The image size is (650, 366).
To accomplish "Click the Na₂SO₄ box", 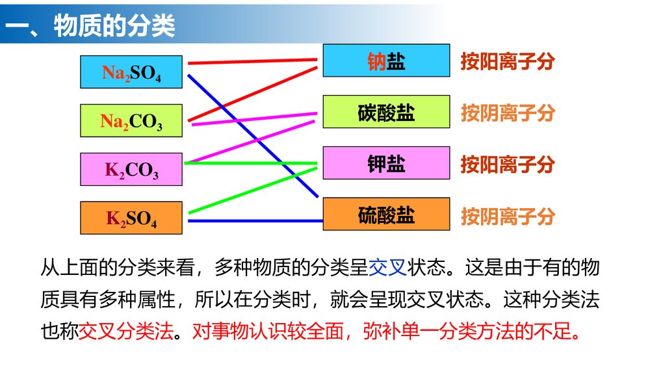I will point(131,72).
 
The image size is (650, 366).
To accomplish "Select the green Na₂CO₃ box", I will point(131,120).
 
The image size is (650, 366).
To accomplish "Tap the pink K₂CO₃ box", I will point(131,169).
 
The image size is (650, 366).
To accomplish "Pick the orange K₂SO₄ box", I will point(131,218).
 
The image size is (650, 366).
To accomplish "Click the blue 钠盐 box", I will point(386,60).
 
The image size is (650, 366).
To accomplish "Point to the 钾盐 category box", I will point(386,163).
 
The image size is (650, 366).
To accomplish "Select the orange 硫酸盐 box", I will point(386,214).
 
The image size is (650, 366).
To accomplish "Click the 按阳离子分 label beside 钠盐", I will point(508,61).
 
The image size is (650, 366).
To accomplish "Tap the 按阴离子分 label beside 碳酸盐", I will point(508,112).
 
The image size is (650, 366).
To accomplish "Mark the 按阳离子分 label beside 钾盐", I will point(508,164).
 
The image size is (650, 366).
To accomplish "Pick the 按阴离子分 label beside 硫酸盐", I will point(508,215).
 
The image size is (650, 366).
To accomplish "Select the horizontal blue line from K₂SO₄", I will point(253,221).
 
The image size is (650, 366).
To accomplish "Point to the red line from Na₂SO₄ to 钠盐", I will point(253,61).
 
